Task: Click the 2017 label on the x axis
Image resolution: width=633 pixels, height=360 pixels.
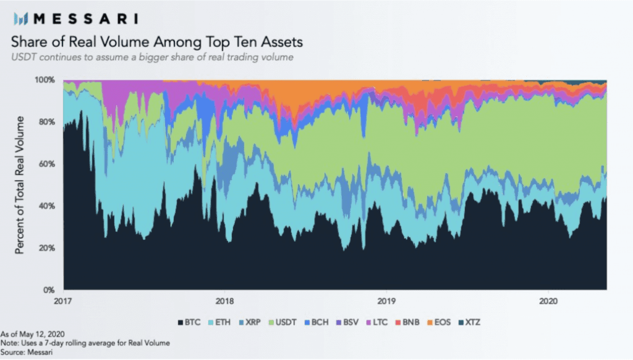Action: tap(63, 301)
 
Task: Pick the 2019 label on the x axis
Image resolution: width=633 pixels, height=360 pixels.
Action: tap(386, 301)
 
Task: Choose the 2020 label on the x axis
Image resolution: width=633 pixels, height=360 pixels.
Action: tap(548, 301)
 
